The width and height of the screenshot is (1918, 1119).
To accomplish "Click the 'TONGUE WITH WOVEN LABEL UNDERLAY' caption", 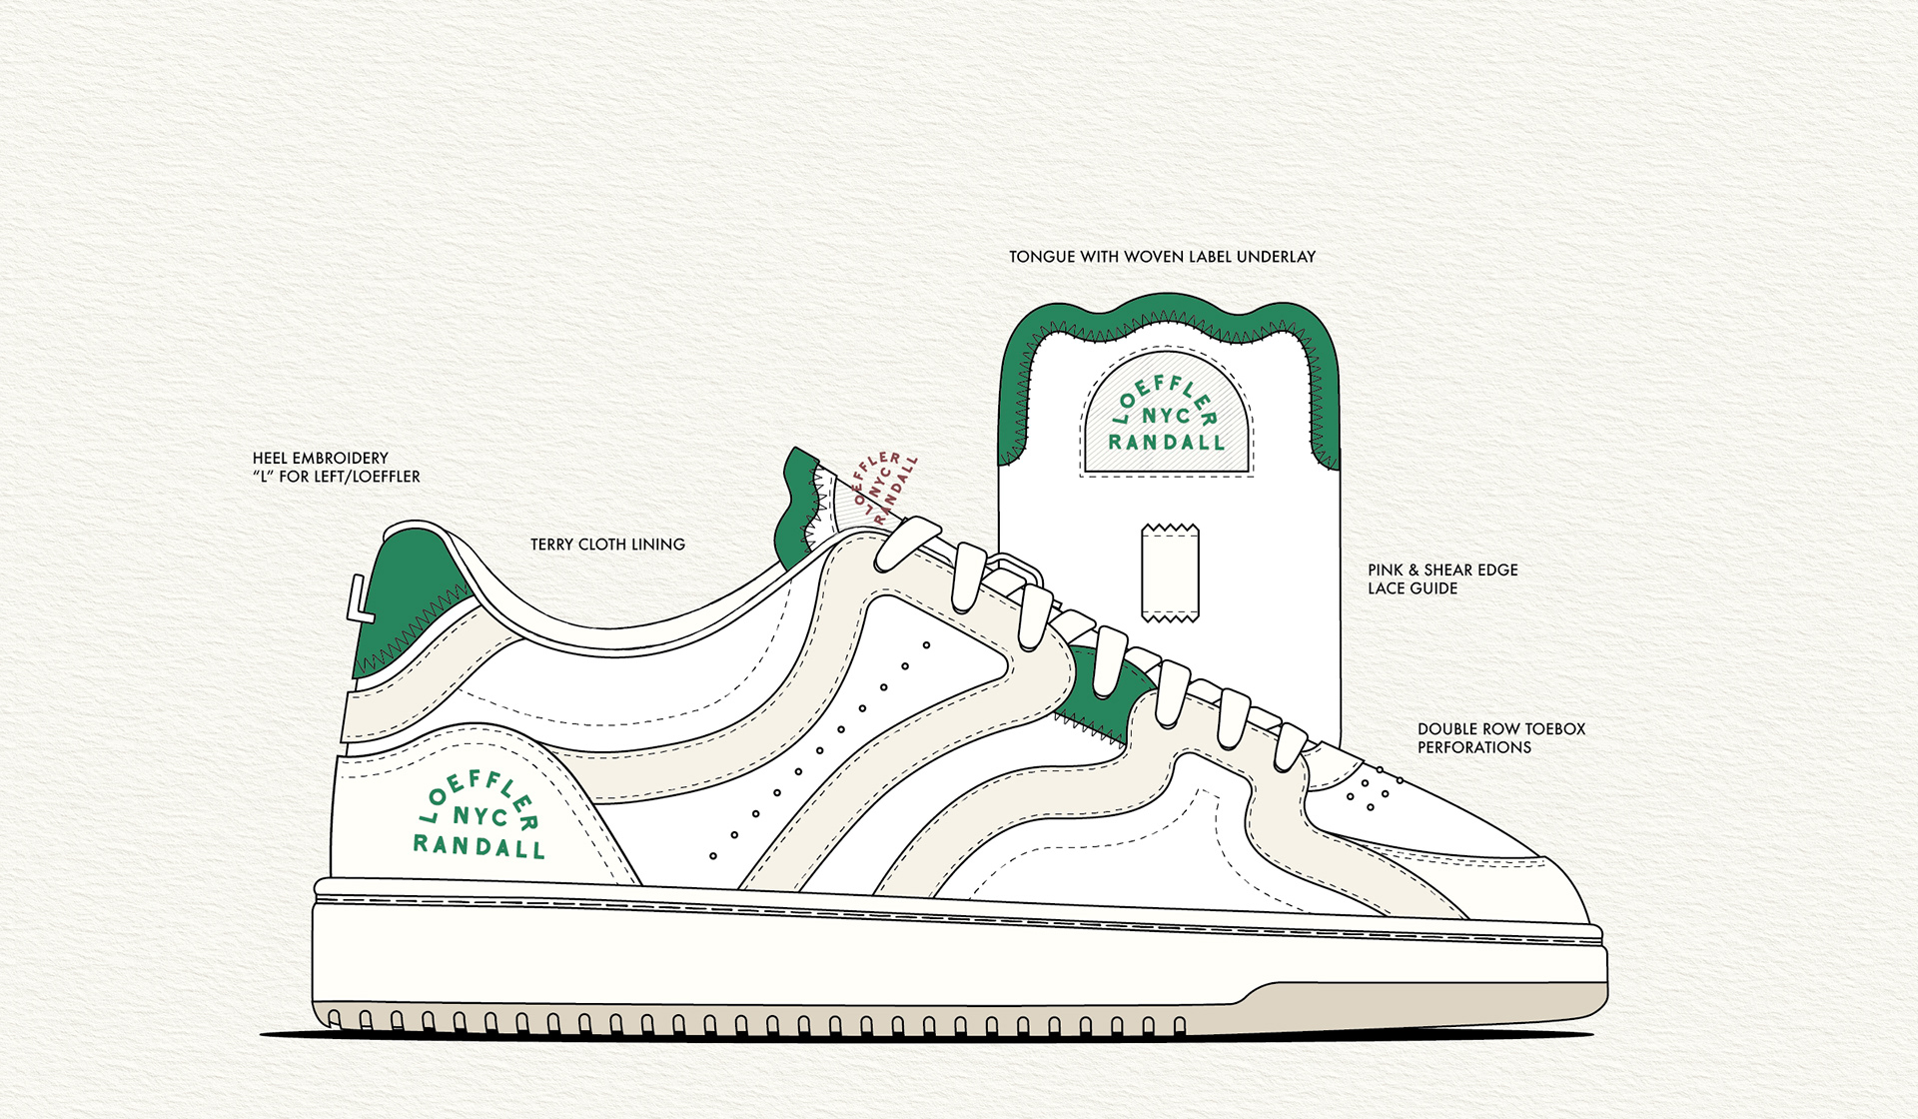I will [x=1162, y=257].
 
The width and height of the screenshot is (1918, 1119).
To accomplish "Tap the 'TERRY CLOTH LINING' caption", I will [x=607, y=545].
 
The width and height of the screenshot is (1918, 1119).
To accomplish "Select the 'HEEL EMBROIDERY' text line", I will [x=320, y=459].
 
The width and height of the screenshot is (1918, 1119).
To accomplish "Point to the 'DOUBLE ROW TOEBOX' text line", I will [x=1500, y=729].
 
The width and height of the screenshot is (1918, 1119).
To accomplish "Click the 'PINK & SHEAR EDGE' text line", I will [x=1442, y=570].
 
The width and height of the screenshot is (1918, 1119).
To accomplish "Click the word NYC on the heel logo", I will [x=480, y=816].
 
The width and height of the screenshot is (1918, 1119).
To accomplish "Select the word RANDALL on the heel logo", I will [x=479, y=846].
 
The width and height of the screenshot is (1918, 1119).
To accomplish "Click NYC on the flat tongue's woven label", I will [x=1166, y=416].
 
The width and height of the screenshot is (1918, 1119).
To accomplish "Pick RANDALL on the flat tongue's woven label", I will [x=1166, y=443].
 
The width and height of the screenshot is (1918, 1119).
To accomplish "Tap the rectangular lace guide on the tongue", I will [x=1170, y=572].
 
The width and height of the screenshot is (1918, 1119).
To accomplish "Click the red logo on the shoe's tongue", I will [x=884, y=488].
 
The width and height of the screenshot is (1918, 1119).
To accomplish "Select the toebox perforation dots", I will [x=1373, y=789].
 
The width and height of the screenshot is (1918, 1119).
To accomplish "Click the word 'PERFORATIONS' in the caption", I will [x=1473, y=747].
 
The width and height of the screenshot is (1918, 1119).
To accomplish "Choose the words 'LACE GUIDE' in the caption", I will [x=1412, y=588].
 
